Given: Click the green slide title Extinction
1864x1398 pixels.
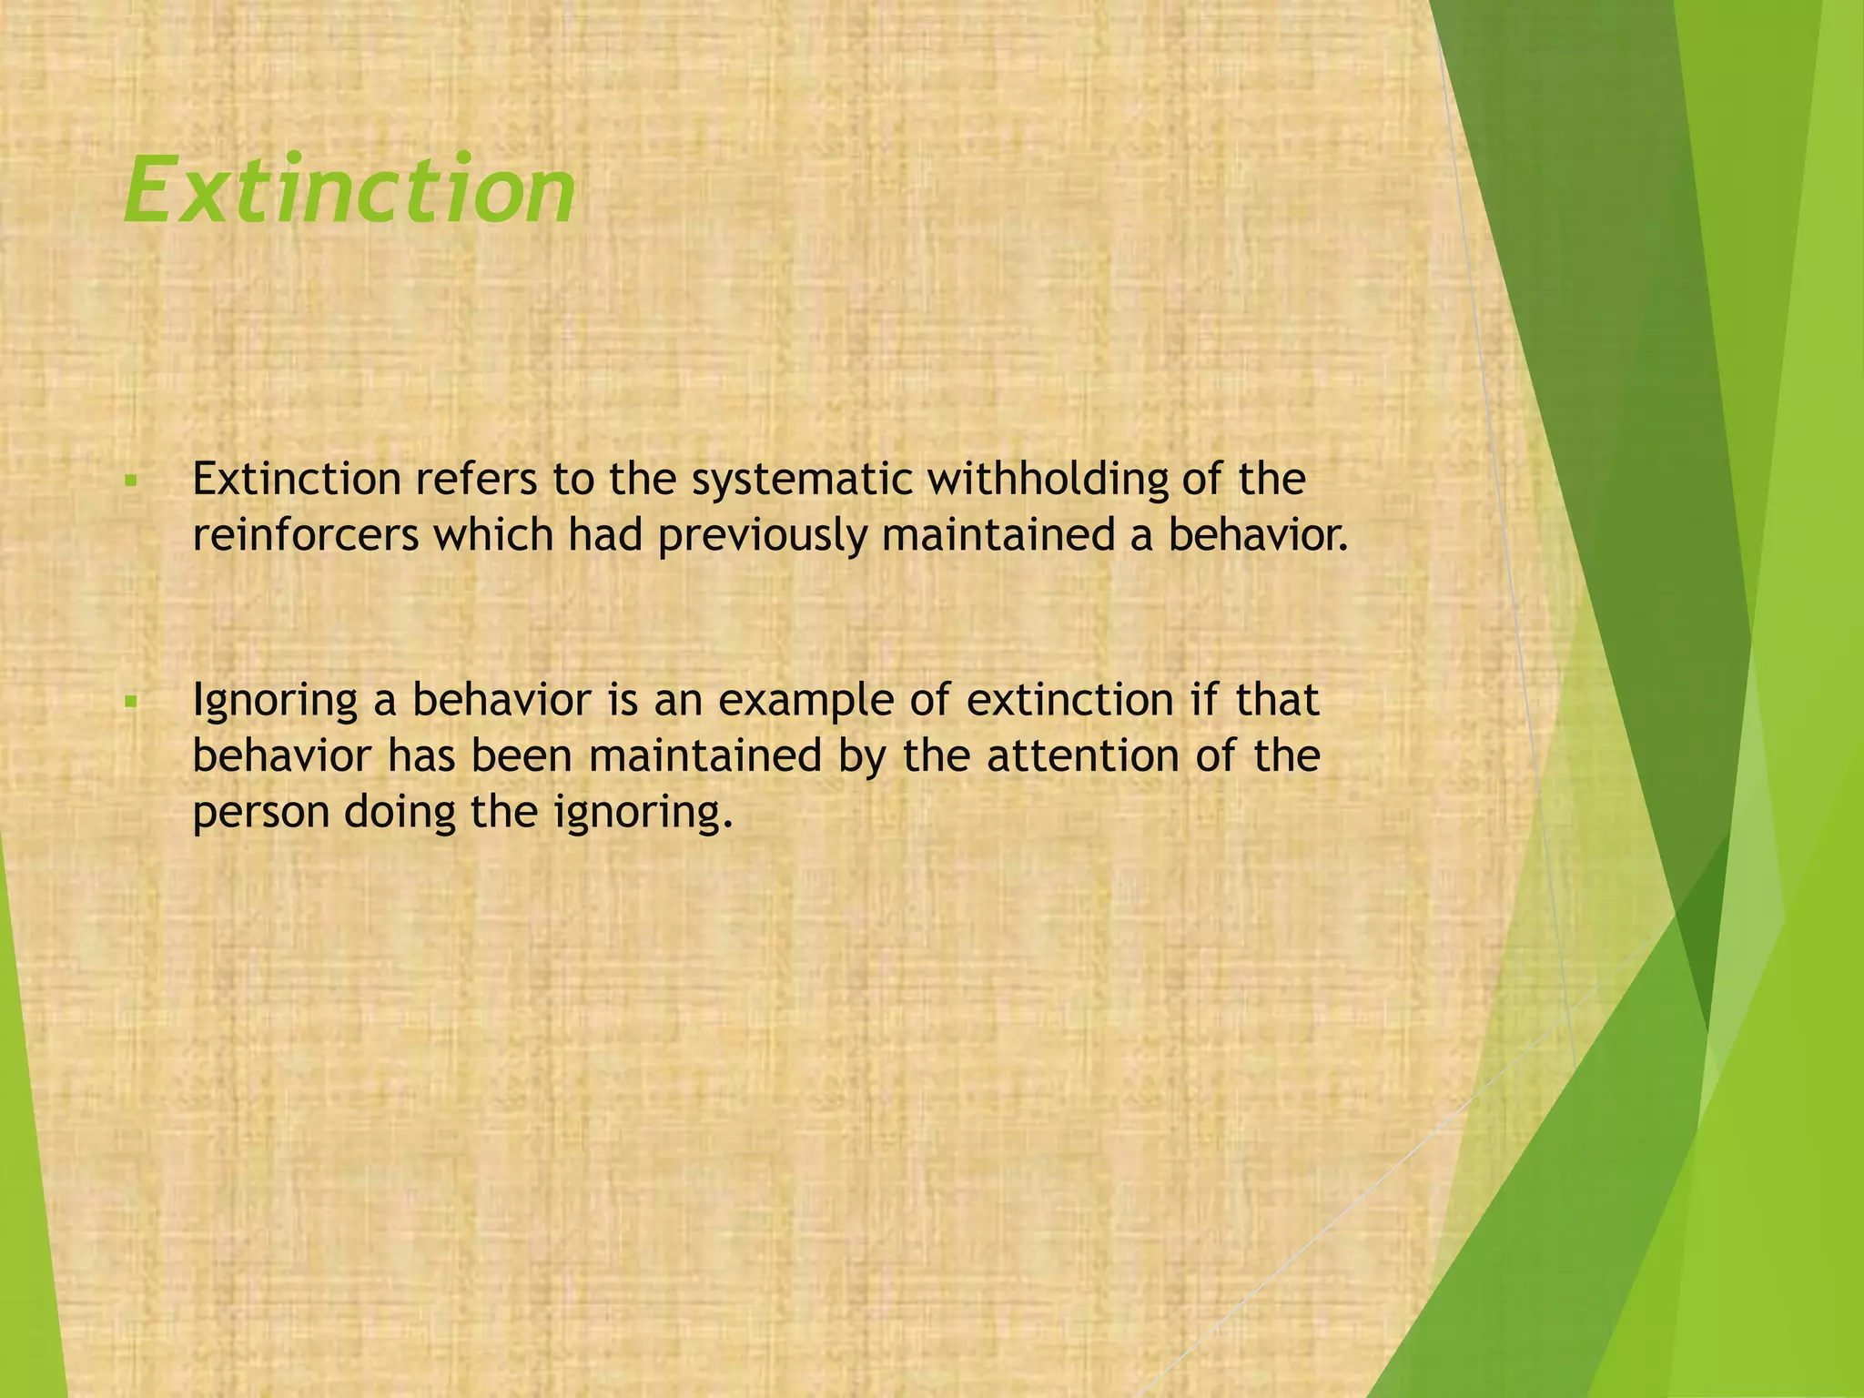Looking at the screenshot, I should click(350, 190).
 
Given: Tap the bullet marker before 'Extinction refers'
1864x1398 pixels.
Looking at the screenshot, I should click(131, 480).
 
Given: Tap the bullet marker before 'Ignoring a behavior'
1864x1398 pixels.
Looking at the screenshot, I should click(131, 701).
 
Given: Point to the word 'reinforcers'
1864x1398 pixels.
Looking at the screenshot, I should click(305, 536).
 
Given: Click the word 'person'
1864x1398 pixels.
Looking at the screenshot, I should click(260, 813).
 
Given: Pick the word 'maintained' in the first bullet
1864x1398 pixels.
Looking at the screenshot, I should click(998, 536).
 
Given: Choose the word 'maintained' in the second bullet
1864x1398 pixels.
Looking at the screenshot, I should click(705, 756).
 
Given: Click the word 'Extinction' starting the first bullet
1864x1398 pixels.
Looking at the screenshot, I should click(297, 480).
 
